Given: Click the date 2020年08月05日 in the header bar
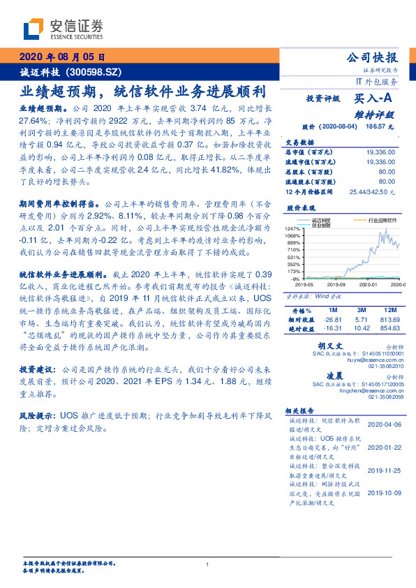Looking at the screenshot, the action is (x=62, y=57).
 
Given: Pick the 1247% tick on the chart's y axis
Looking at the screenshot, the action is (x=293, y=228).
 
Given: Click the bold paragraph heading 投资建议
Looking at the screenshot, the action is (x=36, y=367).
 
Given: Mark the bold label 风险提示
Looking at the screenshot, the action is (x=36, y=415).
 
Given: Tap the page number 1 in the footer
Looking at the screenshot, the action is (x=208, y=565).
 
